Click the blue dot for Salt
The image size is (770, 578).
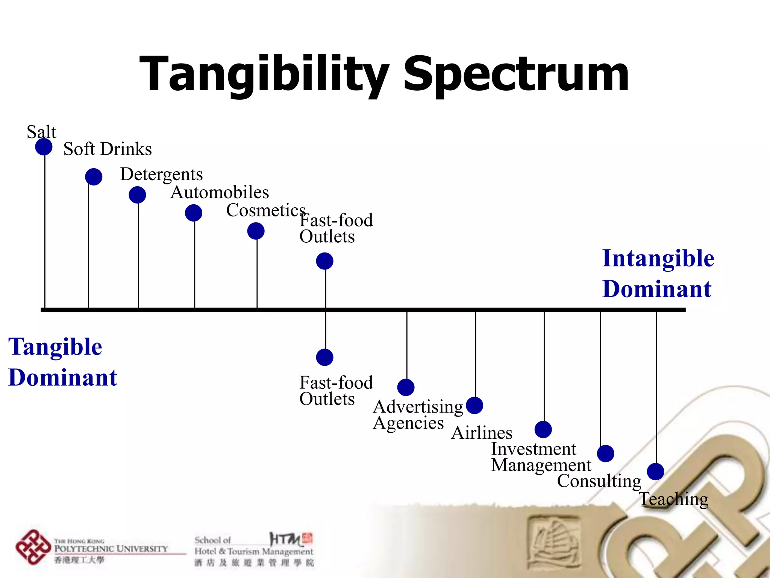click(44, 147)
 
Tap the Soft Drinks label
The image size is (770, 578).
click(108, 149)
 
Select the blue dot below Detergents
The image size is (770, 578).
click(137, 195)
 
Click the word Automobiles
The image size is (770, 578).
click(220, 192)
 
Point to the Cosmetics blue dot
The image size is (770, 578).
click(256, 231)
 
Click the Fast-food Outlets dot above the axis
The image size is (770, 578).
click(324, 261)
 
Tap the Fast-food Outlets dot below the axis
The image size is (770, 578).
click(324, 357)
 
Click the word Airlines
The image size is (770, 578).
click(482, 433)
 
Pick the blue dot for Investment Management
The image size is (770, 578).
click(543, 429)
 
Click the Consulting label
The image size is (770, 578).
click(599, 481)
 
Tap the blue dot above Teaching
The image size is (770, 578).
click(655, 472)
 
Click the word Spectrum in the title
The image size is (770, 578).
click(516, 74)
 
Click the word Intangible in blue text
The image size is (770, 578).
click(658, 259)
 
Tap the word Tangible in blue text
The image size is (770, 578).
click(55, 347)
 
